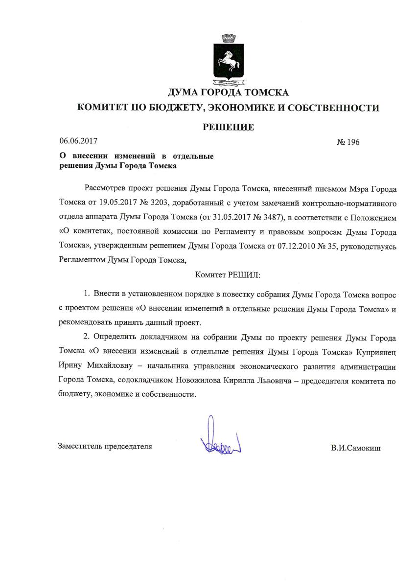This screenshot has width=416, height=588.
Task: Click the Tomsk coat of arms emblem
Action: [228, 59]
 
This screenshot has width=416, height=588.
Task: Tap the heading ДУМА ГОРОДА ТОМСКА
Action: [228, 92]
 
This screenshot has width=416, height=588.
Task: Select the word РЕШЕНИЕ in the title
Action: [229, 127]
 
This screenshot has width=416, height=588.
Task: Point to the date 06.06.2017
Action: [78, 141]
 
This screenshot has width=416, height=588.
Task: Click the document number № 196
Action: [348, 142]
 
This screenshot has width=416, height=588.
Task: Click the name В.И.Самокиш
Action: [355, 448]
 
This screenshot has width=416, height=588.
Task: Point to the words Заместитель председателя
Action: [105, 446]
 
